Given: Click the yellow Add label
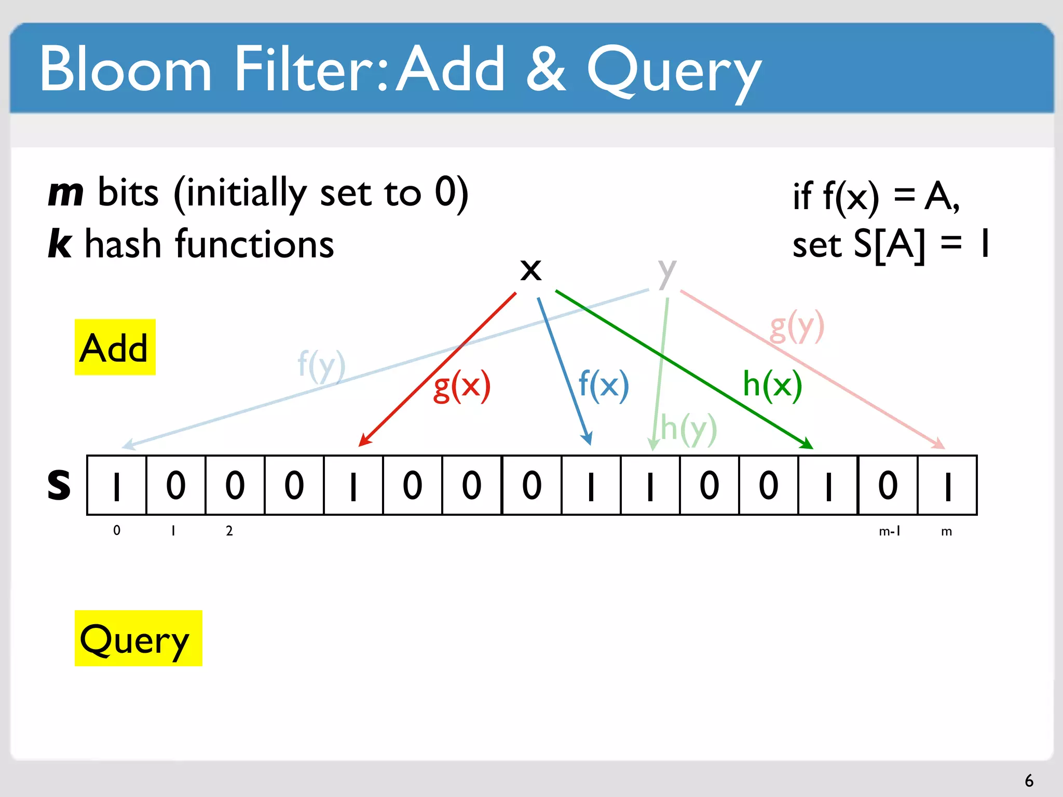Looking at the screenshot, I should [x=115, y=347].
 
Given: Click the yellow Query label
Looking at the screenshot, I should [x=138, y=638].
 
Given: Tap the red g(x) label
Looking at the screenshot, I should [x=462, y=386].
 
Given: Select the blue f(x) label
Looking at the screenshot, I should [x=604, y=386].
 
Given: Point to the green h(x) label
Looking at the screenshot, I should [x=772, y=384].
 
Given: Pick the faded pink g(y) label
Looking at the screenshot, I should [x=797, y=327].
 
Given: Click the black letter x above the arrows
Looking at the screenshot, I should [x=530, y=270].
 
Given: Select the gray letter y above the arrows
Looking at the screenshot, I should [x=667, y=273].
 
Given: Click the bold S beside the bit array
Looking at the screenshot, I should [x=59, y=485].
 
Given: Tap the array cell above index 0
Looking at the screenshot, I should [x=117, y=486].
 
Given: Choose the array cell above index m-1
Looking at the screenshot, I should [x=888, y=486].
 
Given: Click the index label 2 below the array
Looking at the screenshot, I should [x=229, y=531].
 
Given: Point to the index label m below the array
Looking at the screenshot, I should [x=946, y=531].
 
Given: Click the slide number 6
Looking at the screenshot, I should [x=1029, y=780].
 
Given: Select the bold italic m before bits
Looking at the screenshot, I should [x=66, y=193].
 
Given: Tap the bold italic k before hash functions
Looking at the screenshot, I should [x=60, y=243].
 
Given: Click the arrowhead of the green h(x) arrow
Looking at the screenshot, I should [x=808, y=445].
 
